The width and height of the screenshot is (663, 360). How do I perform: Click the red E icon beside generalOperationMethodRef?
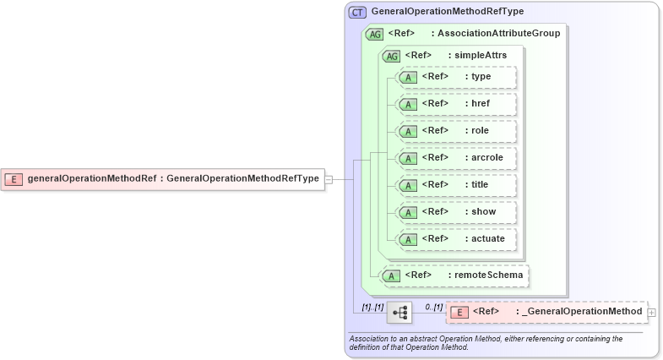14,178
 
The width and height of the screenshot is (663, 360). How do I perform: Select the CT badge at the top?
357,12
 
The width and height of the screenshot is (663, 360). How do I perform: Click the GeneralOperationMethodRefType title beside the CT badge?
447,12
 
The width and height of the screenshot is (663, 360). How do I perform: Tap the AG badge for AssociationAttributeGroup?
373,34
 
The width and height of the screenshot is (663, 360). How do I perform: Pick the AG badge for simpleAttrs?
391,56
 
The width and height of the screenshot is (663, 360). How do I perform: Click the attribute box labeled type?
456,77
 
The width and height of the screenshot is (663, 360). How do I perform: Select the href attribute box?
456,104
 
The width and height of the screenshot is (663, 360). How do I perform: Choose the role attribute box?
456,131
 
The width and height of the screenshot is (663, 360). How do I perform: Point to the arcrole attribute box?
456,158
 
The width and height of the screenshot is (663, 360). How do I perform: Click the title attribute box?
456,185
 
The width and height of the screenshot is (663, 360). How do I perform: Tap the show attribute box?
456,212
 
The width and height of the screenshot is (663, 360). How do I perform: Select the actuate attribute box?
456,239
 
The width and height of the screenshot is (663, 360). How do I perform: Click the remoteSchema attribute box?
455,275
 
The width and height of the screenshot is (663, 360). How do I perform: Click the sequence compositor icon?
400,313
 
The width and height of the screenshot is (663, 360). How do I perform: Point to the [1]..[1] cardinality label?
372,306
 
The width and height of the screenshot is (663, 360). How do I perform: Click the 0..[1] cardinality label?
433,306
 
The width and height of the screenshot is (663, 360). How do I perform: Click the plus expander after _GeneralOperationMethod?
651,313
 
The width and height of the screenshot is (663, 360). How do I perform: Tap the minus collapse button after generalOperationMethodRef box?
329,178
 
